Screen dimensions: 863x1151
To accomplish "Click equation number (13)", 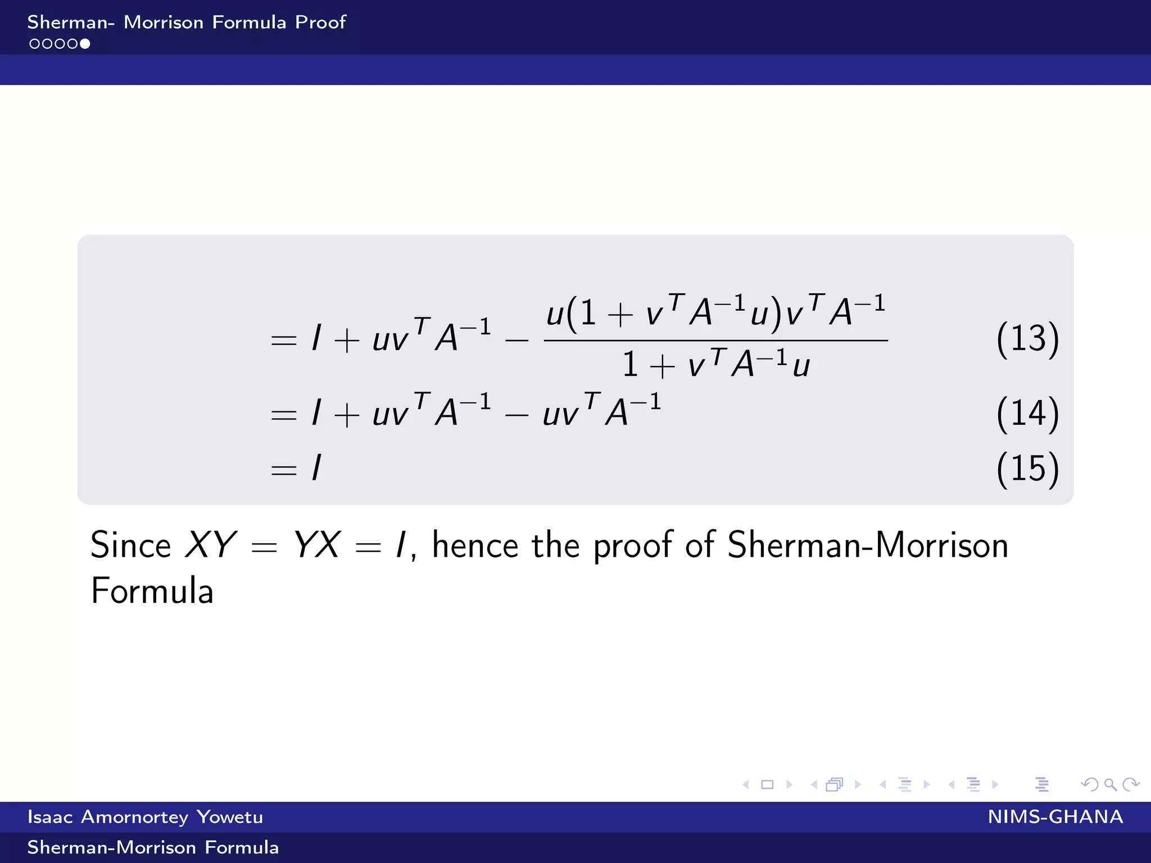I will (x=1027, y=339).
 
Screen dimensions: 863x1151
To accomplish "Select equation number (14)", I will (x=1027, y=414).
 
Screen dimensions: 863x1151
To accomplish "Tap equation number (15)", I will (x=1027, y=468).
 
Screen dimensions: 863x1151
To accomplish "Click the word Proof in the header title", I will (x=320, y=22).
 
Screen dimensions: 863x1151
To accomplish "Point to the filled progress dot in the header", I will (x=85, y=44).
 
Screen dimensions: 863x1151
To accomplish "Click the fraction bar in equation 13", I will (x=715, y=340).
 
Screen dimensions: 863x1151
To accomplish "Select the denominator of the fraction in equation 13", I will (x=715, y=364).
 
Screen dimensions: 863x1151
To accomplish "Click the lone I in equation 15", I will (x=317, y=467).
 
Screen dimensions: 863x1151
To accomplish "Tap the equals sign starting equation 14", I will (x=283, y=415).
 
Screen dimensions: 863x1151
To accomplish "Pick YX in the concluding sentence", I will (x=316, y=545).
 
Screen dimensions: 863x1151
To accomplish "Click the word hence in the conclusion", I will (x=475, y=545).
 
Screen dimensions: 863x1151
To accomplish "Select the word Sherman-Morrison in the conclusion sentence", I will (x=868, y=545).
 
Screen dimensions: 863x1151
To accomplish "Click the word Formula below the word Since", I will (x=152, y=591).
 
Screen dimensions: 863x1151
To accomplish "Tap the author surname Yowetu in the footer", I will (x=230, y=817).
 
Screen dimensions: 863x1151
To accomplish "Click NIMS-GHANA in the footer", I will (x=1055, y=817).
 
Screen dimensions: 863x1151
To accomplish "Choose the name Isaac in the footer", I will (x=50, y=817).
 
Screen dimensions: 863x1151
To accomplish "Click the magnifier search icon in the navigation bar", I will (x=1110, y=784).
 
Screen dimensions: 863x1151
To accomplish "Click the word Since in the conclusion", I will (x=130, y=545).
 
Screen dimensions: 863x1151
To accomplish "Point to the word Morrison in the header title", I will (x=164, y=22).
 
